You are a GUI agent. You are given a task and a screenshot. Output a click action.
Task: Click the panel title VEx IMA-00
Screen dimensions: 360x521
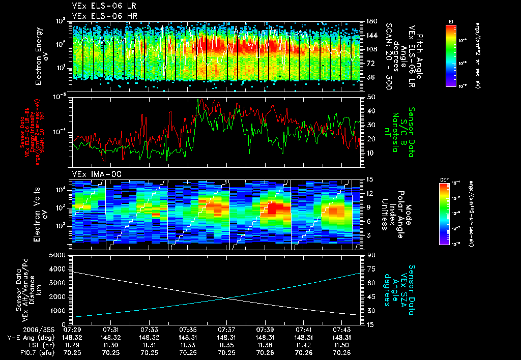[x=93, y=174]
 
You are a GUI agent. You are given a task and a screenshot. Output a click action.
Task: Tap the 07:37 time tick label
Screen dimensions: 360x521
[x=226, y=329]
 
